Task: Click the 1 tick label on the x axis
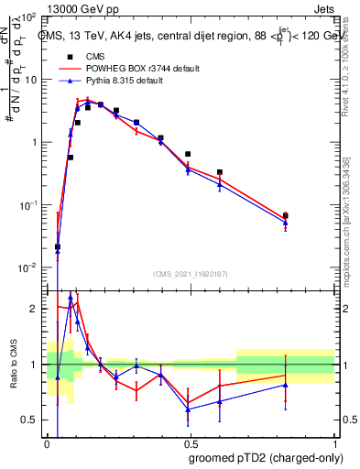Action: coord(334,442)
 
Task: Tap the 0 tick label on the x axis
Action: coord(47,442)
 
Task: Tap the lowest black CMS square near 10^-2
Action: coord(58,246)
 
